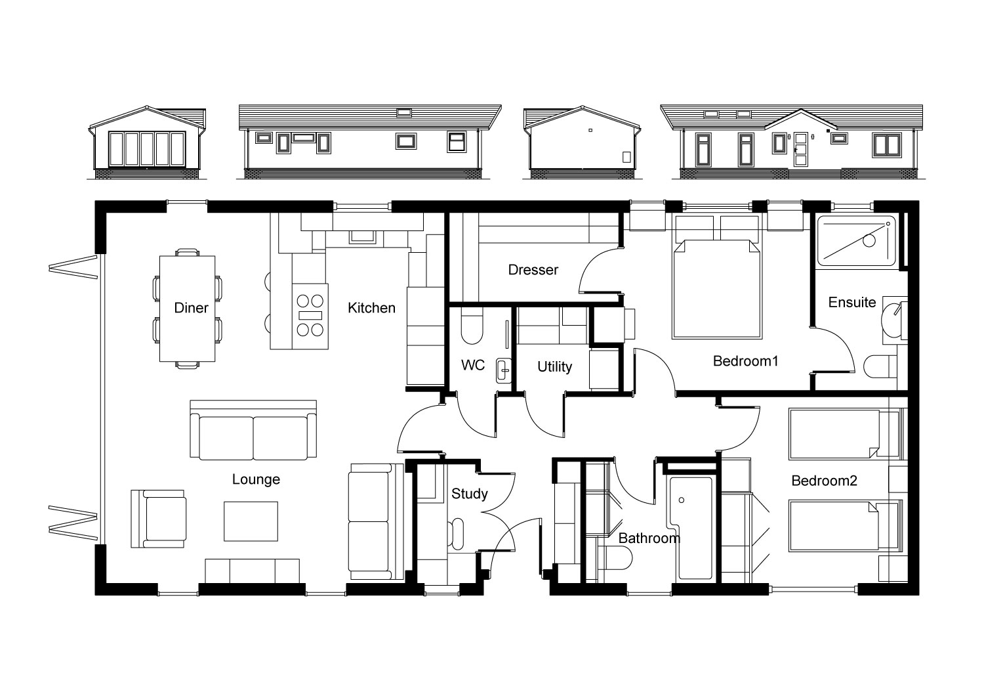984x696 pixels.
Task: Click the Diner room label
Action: (191, 308)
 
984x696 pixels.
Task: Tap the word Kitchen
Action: (372, 308)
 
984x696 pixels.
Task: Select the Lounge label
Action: (256, 479)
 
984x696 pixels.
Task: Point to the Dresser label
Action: (533, 269)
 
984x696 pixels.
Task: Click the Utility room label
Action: (555, 366)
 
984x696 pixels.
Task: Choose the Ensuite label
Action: (851, 302)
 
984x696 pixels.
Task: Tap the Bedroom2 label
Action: (824, 481)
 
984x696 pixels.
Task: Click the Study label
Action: (470, 494)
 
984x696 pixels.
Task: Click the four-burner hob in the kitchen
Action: (310, 316)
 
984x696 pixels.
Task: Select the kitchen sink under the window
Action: (362, 236)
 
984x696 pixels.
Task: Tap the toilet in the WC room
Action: (472, 326)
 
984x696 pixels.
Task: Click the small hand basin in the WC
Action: (503, 370)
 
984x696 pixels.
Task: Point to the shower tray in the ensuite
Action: (856, 241)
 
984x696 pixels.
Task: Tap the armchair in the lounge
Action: (158, 519)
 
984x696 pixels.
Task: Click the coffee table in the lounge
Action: (251, 521)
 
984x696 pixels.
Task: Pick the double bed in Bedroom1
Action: (717, 290)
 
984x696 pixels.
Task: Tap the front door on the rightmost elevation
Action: (801, 150)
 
